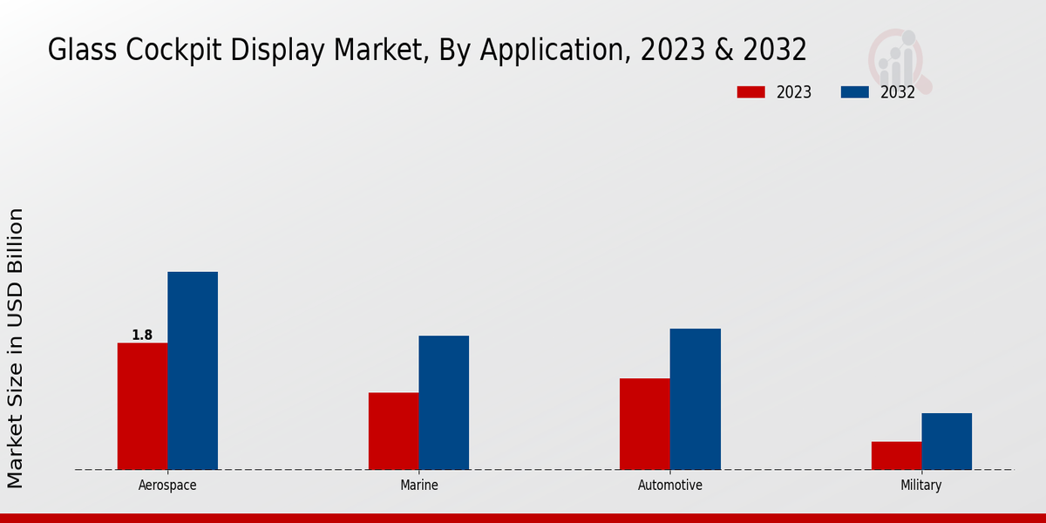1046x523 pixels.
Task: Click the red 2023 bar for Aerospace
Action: coord(142,406)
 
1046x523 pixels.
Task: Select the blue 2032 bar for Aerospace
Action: coord(193,370)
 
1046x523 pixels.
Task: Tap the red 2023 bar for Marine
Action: coord(393,431)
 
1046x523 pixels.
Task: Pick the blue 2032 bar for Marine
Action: coord(444,403)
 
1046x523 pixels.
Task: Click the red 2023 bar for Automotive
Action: coord(645,424)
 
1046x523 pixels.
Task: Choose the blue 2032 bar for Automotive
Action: coord(696,399)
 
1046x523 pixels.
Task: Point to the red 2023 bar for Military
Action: coord(896,455)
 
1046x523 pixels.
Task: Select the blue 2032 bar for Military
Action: coord(947,441)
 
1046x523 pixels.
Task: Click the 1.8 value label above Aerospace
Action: coord(142,335)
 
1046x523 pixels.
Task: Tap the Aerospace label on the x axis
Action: coord(167,486)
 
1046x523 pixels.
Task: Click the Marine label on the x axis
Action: coord(418,486)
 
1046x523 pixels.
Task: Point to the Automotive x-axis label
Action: coord(670,486)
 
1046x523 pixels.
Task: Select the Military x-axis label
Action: coord(921,486)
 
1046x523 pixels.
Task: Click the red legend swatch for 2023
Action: coord(751,92)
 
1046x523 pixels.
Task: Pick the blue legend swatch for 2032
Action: coord(854,92)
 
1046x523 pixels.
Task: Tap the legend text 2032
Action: coord(898,92)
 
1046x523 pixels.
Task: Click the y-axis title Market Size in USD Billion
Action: coord(17,349)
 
